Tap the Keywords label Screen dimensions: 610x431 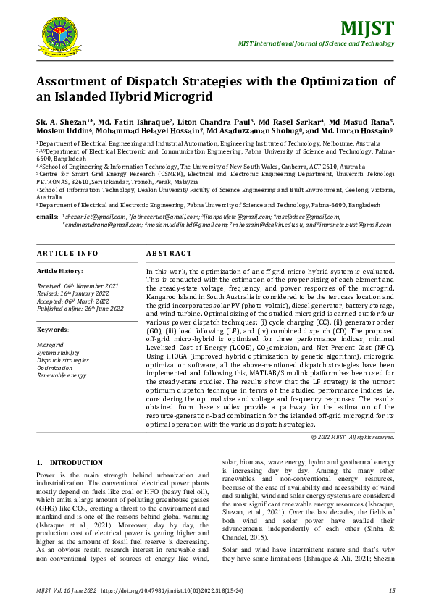52,330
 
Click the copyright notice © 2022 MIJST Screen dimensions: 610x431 352,437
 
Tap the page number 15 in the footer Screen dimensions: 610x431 391,591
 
